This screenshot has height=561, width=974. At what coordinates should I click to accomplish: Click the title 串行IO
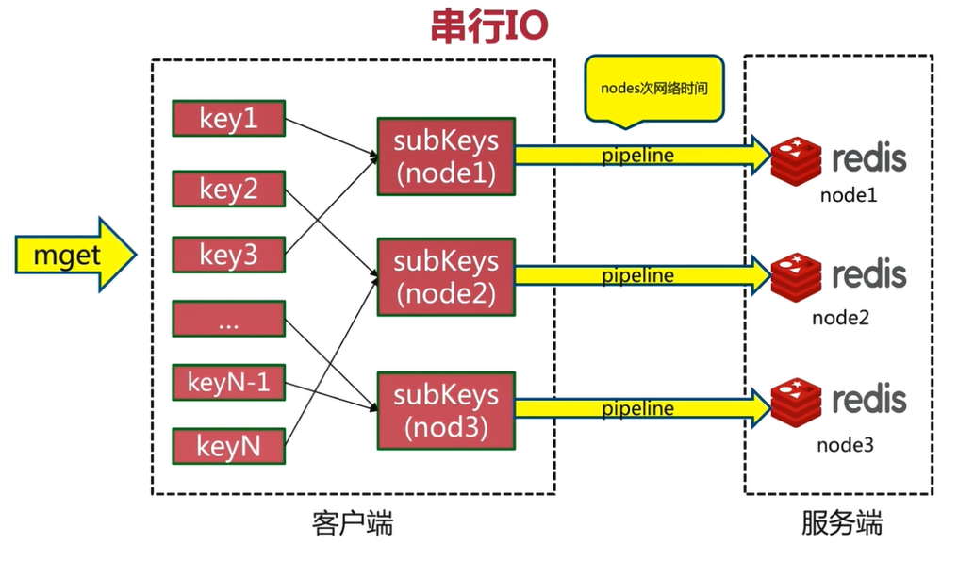(x=488, y=28)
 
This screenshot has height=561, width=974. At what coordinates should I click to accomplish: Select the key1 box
(x=228, y=119)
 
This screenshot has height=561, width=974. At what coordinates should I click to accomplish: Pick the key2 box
(x=228, y=189)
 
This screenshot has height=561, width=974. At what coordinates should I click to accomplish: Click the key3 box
(x=228, y=256)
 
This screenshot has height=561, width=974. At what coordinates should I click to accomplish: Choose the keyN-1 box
(x=228, y=383)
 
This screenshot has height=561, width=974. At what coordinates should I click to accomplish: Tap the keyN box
(x=228, y=446)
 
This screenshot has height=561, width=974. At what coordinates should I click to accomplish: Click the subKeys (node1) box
(x=445, y=157)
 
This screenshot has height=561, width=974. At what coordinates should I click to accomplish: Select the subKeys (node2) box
(x=445, y=276)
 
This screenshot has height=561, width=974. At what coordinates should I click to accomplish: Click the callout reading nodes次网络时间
(x=654, y=90)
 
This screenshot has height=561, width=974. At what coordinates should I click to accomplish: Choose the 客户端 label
(x=352, y=524)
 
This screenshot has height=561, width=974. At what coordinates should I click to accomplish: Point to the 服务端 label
(x=842, y=524)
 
